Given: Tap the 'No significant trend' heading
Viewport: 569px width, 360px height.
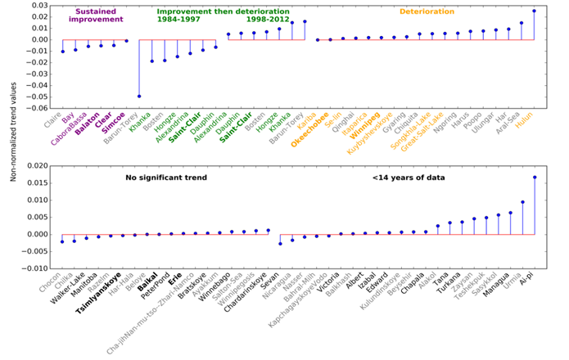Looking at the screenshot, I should [164, 178].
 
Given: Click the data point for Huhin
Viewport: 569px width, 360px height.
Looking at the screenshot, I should [535, 11].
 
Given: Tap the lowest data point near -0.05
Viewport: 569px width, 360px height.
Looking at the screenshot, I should [139, 96].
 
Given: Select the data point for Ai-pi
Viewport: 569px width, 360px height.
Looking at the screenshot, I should [535, 177].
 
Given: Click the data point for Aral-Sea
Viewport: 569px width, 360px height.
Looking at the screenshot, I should [522, 23].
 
